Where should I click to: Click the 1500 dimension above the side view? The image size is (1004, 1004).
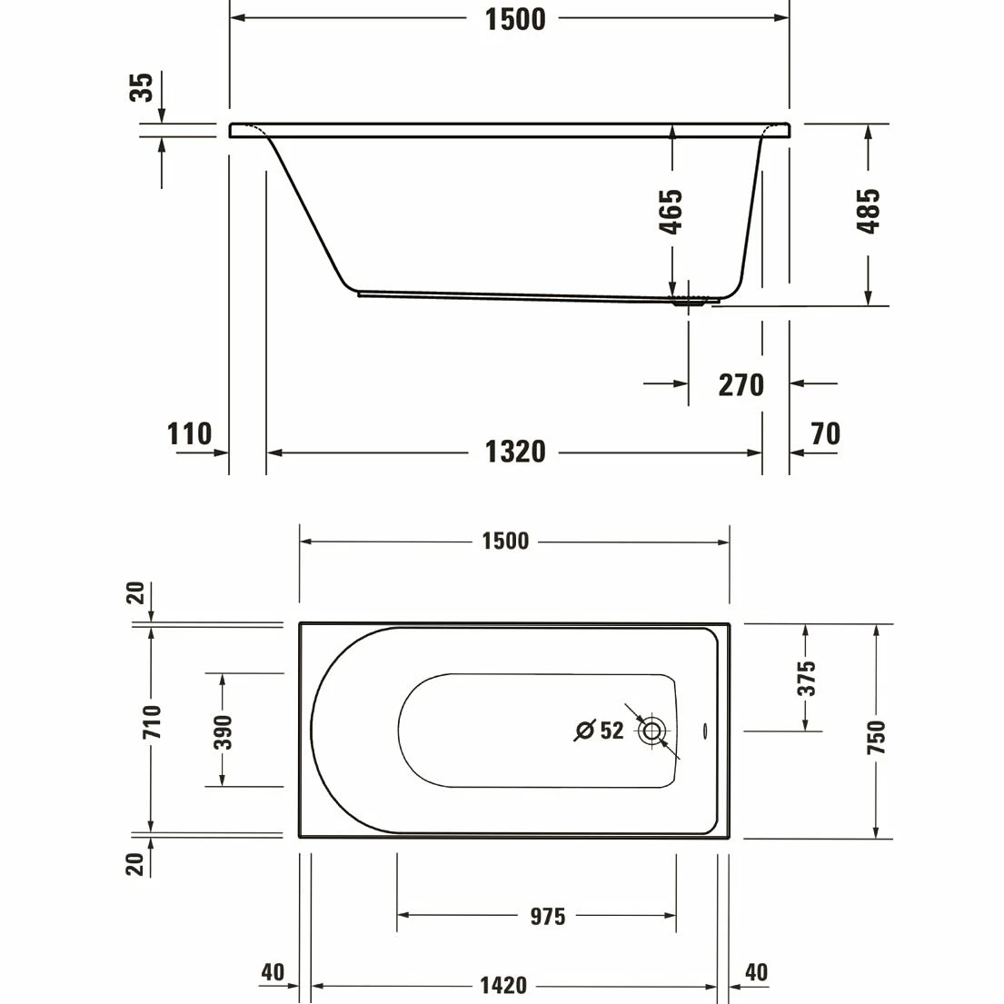click(x=514, y=18)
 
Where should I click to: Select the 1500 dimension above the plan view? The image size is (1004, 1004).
click(x=505, y=542)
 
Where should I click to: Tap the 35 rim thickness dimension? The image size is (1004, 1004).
click(x=142, y=88)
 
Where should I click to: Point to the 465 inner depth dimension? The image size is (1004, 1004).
click(x=671, y=212)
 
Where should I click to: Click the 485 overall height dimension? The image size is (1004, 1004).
click(x=869, y=211)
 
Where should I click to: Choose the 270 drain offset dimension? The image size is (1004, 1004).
click(x=741, y=384)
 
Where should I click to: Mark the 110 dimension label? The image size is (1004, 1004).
click(x=189, y=434)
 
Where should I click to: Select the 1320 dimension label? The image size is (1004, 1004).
click(x=514, y=451)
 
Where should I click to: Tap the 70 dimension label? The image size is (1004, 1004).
click(x=825, y=434)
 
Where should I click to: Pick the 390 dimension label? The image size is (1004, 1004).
click(x=223, y=731)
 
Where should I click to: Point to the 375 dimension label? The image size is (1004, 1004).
click(x=806, y=678)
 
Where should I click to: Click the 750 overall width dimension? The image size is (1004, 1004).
click(x=876, y=738)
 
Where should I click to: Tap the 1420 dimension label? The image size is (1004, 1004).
click(x=503, y=986)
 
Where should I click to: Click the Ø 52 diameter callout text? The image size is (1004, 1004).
click(x=600, y=730)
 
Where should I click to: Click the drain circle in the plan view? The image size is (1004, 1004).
click(x=651, y=731)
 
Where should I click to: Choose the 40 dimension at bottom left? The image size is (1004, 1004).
click(x=273, y=972)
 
